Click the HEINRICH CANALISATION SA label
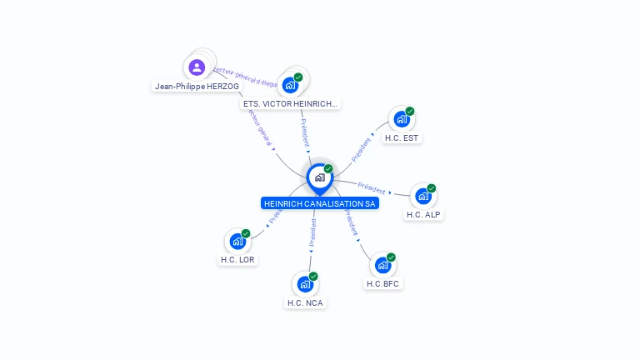pos(320,203)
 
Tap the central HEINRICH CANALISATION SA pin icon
pos(319,177)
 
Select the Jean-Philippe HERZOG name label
pos(197,86)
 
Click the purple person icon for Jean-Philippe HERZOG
pos(197,67)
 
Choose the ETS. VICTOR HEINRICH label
pos(290,104)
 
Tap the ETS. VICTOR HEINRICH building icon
pos(290,84)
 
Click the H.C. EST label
pos(402,137)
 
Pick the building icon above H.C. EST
pos(402,118)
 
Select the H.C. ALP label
pos(423,214)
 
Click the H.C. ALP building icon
pos(423,196)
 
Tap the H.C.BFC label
pos(382,283)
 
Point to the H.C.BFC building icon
pos(382,265)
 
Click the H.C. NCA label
pos(305,302)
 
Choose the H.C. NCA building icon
pos(305,284)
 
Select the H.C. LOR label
pos(237,259)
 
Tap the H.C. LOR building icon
pos(237,241)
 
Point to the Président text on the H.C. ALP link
pos(372,187)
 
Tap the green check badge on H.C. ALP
pos(432,188)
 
